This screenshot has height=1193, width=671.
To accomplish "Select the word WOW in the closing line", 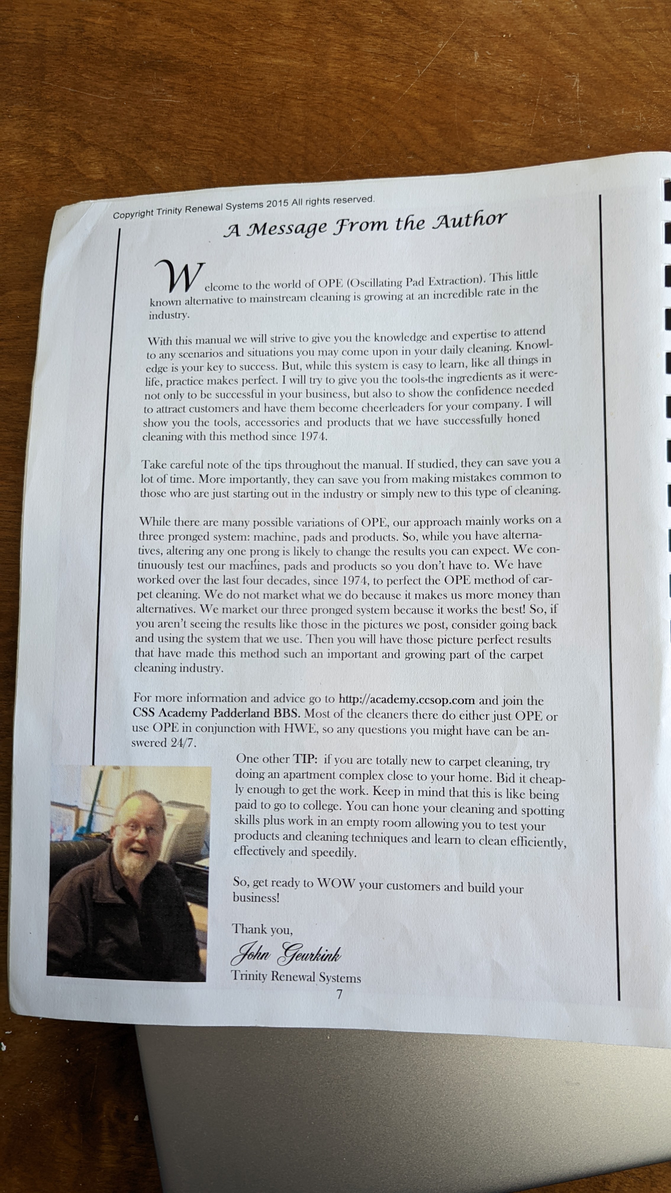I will pos(336,883).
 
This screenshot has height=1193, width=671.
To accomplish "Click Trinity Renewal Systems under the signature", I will pos(296,976).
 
